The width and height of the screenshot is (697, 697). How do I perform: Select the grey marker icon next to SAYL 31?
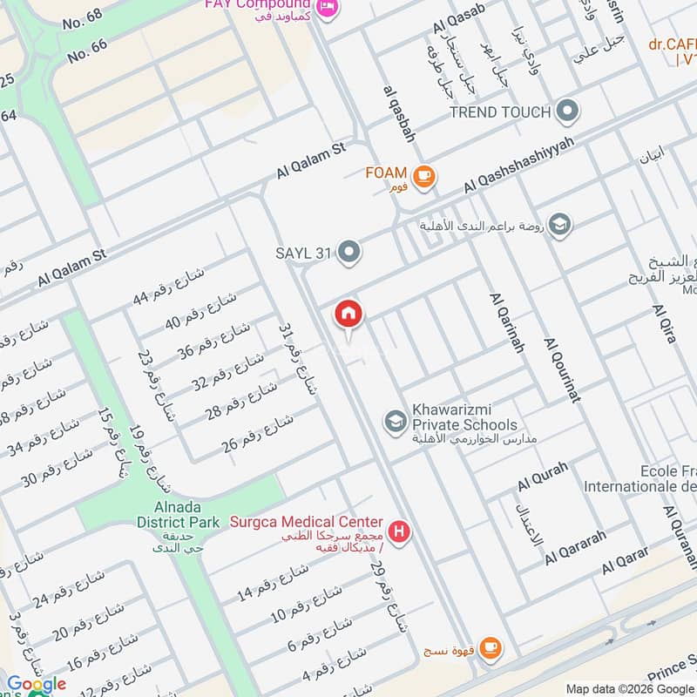coord(349,254)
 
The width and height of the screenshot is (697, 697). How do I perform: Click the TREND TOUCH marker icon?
coord(567,112)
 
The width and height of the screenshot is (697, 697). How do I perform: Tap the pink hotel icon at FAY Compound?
coord(328,7)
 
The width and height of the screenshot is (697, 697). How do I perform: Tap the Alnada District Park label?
coord(179,515)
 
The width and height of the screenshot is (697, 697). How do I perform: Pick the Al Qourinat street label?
coord(562,369)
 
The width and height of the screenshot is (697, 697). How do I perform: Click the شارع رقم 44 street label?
coord(169,286)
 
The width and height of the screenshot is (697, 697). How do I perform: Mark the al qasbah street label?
coord(399,113)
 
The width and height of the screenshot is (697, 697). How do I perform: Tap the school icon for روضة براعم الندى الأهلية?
coord(560,225)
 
